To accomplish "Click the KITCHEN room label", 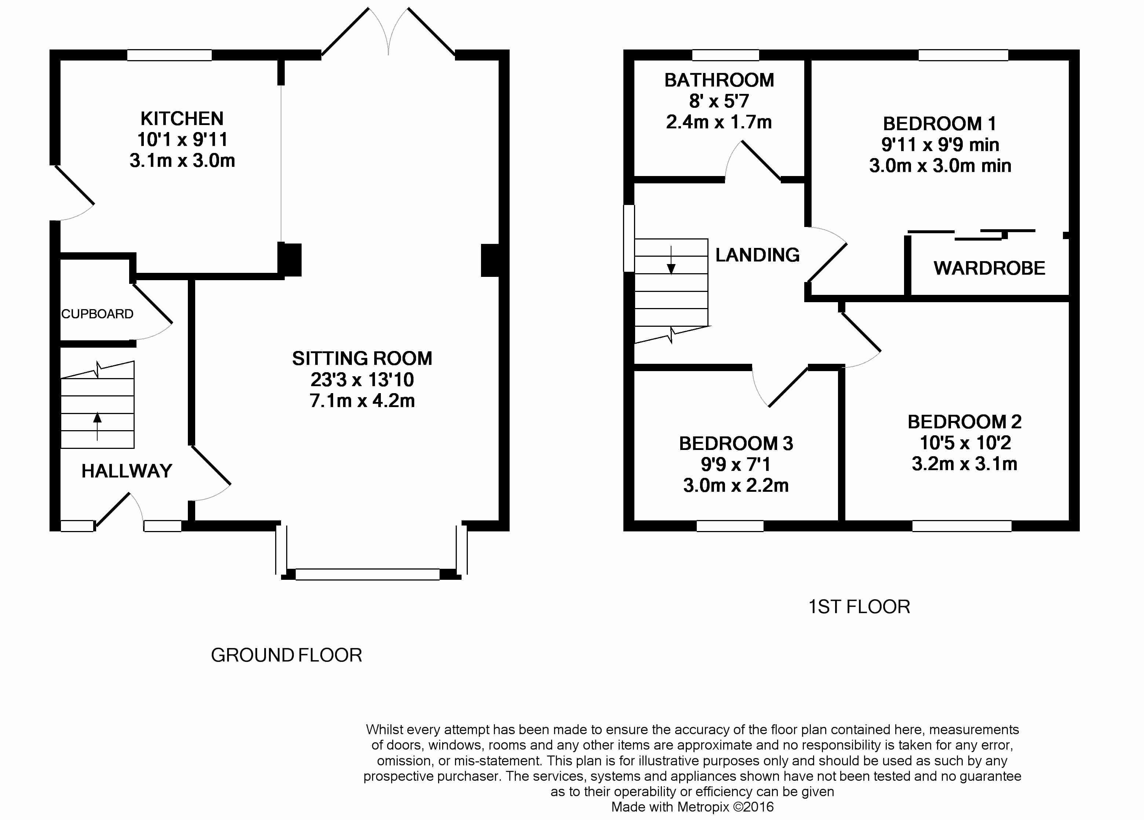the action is click(182, 118).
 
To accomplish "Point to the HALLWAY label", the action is click(127, 471).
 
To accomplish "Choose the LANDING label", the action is click(757, 255).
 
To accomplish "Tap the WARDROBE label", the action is click(989, 268).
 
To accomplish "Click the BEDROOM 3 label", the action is click(736, 444).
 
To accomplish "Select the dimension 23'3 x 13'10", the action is click(362, 379).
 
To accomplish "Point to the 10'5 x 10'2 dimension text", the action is click(965, 443).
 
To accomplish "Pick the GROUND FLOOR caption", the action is click(287, 655).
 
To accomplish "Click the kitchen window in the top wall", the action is click(170, 55).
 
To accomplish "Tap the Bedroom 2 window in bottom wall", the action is click(962, 526).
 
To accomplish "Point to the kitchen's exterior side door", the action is click(74, 186).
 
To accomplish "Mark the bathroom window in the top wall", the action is click(725, 55).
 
